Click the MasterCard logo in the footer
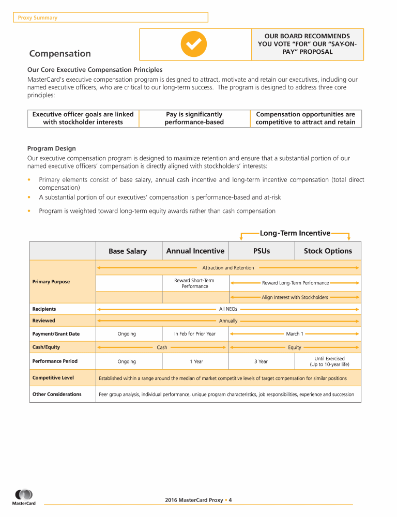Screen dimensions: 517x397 (x=24, y=497)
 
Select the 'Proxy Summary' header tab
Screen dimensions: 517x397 (x=38, y=18)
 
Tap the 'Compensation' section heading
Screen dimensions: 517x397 (x=60, y=54)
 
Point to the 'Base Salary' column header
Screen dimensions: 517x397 (x=128, y=251)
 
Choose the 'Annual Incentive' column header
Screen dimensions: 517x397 (x=195, y=251)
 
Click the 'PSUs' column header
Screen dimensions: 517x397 (x=262, y=251)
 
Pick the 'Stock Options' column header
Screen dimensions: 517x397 (x=328, y=251)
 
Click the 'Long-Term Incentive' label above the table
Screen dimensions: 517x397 (x=295, y=233)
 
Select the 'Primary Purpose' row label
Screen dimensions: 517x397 (x=51, y=282)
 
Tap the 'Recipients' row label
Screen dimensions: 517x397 (x=44, y=309)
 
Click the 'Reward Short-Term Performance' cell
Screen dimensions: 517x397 (x=194, y=283)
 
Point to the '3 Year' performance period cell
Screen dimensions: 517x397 (x=261, y=361)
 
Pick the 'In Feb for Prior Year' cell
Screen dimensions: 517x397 (x=195, y=334)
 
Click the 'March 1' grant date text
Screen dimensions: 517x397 (x=295, y=334)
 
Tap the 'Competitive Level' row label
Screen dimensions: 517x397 (x=53, y=378)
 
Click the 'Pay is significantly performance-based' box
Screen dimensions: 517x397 (x=194, y=118)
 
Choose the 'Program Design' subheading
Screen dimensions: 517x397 (x=51, y=148)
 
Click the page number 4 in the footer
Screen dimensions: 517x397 (x=231, y=500)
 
